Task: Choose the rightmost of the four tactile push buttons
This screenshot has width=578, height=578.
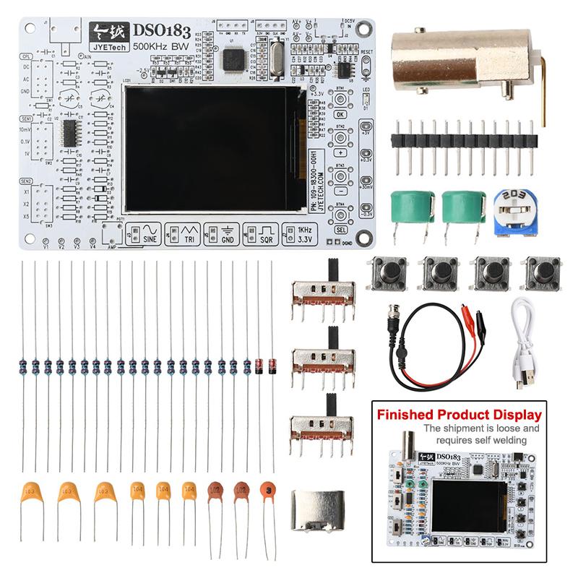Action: (540, 274)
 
